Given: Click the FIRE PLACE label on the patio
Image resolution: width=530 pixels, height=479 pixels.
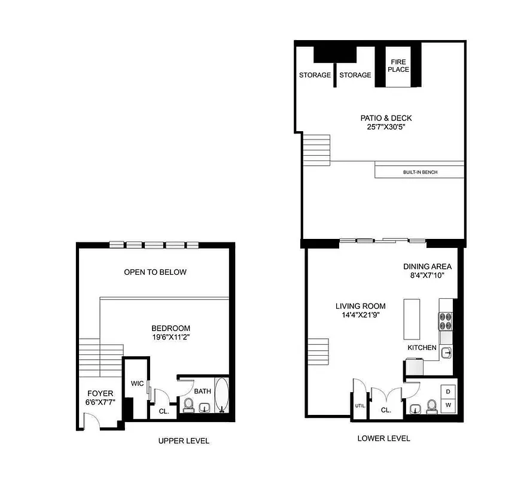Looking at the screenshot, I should (x=398, y=65).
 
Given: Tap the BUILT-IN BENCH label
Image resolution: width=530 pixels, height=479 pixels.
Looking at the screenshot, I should (x=420, y=172).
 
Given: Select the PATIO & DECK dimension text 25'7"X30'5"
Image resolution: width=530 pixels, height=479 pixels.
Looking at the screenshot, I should (x=382, y=127).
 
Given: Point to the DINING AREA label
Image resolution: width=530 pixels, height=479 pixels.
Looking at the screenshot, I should (x=427, y=266).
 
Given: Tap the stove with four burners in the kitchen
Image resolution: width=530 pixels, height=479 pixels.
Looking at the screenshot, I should (x=446, y=322).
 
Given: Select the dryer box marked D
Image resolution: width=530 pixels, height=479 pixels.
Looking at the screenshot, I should (x=448, y=392).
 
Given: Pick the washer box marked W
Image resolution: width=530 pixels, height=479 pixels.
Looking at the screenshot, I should (x=448, y=405).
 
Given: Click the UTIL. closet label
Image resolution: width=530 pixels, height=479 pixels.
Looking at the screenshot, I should (x=360, y=405).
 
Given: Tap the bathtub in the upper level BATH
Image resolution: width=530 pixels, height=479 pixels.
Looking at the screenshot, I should (x=221, y=396).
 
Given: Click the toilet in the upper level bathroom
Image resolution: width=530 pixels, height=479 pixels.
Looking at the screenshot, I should (x=188, y=405).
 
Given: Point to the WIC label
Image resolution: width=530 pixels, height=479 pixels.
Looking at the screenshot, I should (x=137, y=383).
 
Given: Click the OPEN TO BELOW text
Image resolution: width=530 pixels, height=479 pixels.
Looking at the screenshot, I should (x=155, y=272).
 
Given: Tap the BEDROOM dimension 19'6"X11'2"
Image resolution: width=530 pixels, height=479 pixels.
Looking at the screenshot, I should (x=170, y=337).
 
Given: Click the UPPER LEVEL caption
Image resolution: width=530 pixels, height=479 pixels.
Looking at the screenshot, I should (x=184, y=441).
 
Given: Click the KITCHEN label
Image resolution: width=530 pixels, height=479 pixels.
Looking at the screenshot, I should (x=422, y=348).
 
